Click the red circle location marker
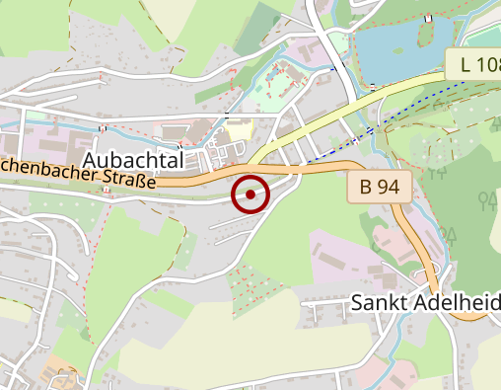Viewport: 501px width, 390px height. click(250, 195)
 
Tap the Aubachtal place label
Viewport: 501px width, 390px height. click(134, 160)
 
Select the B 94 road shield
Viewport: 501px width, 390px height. click(380, 186)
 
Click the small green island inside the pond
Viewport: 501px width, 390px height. click(426, 33)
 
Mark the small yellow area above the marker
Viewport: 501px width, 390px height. click(240, 129)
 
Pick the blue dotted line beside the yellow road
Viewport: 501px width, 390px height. click(414, 105)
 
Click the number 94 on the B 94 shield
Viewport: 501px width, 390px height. click(389, 186)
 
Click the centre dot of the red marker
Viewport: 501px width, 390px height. click(250, 195)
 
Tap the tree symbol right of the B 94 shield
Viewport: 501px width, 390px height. click(485, 201)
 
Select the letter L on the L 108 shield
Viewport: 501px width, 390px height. click(465, 66)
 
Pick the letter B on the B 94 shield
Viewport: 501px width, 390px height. click(366, 186)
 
